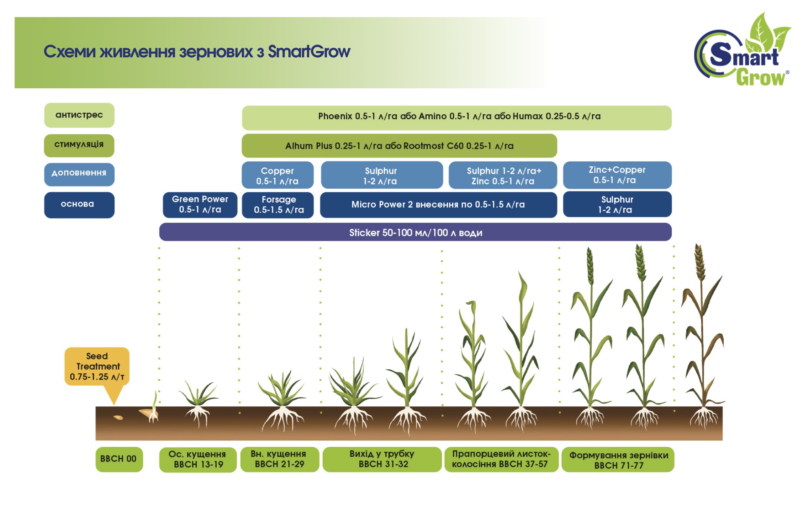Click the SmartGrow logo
pos(742,52)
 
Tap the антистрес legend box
pos(79,115)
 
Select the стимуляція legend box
pos(79,145)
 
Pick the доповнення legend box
pos(79,174)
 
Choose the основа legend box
pos(79,204)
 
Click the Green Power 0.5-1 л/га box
pos(200,204)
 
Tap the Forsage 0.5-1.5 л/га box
pos(278,205)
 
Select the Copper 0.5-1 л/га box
pos(278,176)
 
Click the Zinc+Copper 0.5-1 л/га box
pos(617,175)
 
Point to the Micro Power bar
pos(438,205)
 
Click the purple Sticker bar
pos(415,232)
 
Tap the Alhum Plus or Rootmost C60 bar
pos(399,146)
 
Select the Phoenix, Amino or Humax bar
pos(456,117)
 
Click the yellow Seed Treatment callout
pos(97,366)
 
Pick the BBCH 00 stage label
pos(119,459)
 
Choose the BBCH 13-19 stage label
pos(198,459)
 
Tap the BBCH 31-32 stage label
pos(382,459)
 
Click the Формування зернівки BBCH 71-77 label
pos(618,460)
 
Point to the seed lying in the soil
pos(118,417)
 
